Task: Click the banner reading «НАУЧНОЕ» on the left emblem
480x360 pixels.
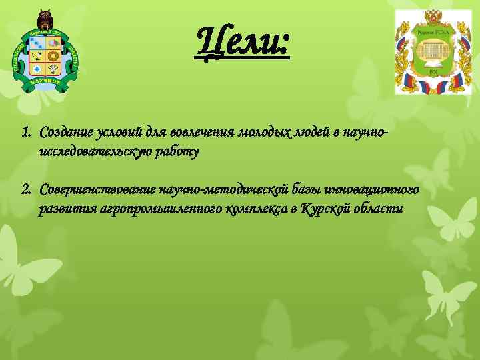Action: [x=45, y=83]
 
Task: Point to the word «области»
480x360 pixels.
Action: [x=379, y=209]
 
